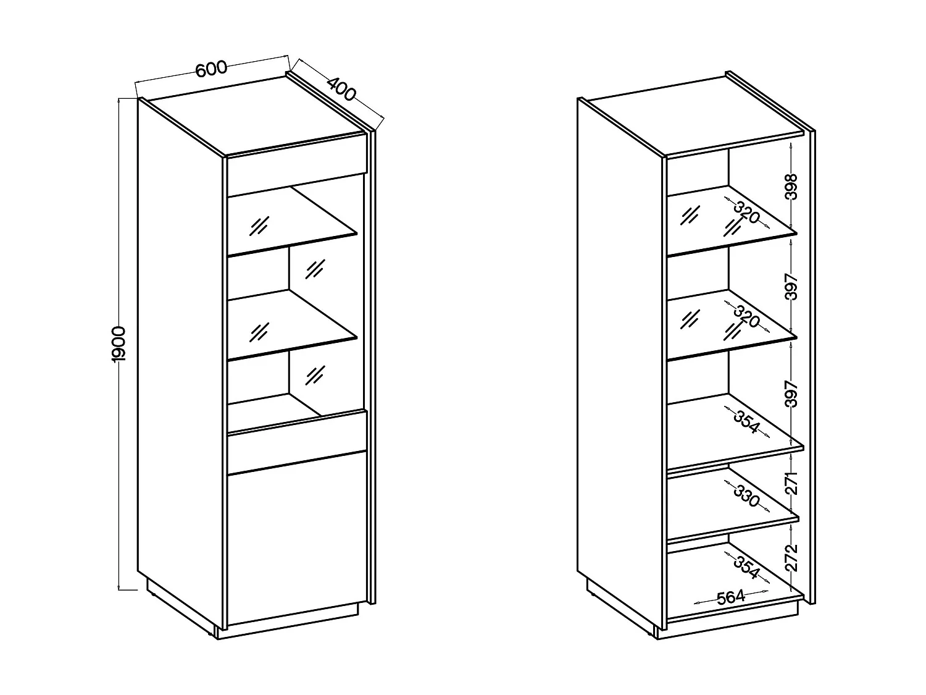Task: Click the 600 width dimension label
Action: tap(212, 69)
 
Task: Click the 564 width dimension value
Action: tap(731, 597)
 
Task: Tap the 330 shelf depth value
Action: tap(746, 496)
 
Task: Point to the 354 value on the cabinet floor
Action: tap(746, 567)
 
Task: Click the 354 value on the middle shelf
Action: tap(746, 423)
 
